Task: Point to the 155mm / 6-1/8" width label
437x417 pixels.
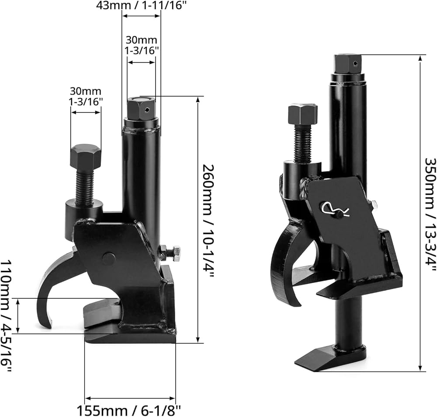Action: coord(129,410)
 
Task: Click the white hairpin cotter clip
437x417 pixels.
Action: coord(335,208)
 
